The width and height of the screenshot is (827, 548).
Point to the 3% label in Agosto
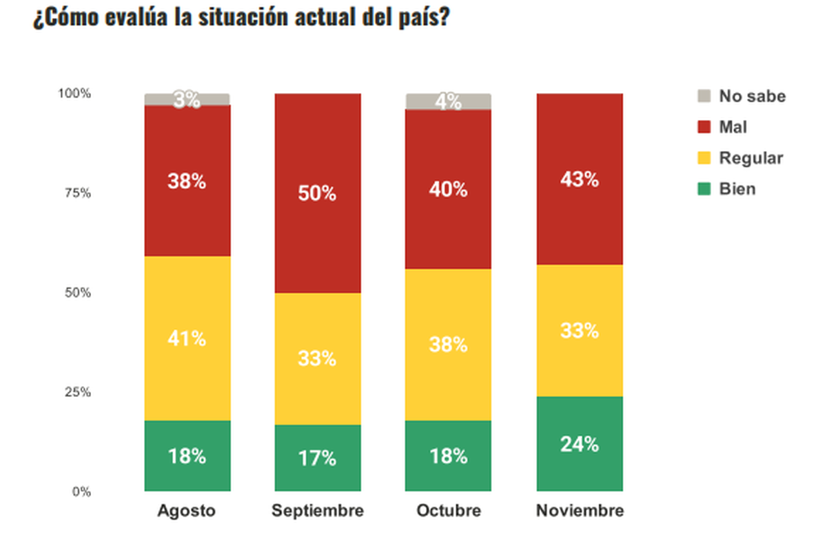[x=187, y=100]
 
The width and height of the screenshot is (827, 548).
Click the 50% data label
[x=317, y=194]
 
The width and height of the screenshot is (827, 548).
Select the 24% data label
[x=579, y=445]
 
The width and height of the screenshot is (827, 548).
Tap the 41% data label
[x=187, y=338]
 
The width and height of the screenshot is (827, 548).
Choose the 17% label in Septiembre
[x=317, y=458]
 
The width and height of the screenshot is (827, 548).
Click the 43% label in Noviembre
[x=579, y=179]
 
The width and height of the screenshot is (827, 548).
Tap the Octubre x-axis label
[x=449, y=511]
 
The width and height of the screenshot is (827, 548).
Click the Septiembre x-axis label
[x=317, y=511]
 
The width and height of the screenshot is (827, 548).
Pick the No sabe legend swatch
[x=704, y=96]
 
